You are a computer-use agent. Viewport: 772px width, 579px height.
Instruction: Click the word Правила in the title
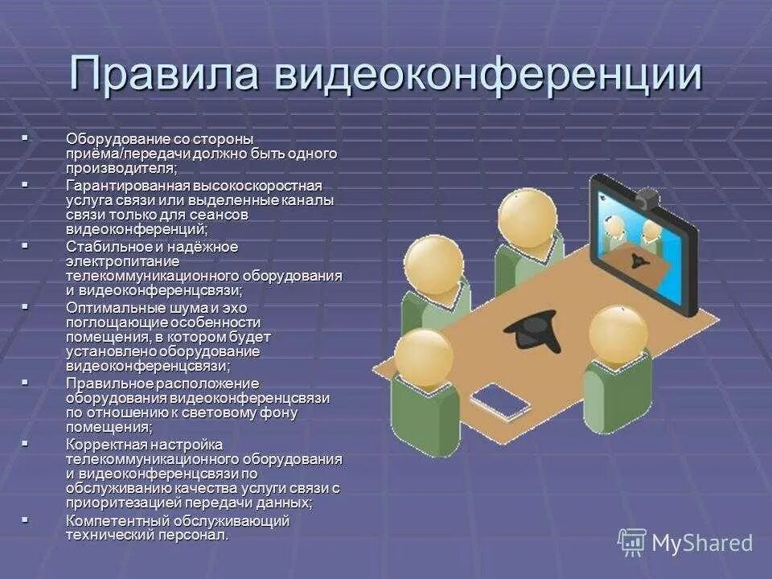pyautogui.click(x=166, y=75)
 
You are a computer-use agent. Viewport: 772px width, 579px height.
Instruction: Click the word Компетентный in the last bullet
pyautogui.click(x=109, y=520)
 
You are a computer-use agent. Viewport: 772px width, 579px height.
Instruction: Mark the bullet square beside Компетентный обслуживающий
pyautogui.click(x=24, y=520)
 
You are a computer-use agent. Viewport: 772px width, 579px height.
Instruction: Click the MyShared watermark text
pyautogui.click(x=702, y=543)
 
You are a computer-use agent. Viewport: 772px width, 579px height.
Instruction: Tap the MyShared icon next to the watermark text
pyautogui.click(x=632, y=542)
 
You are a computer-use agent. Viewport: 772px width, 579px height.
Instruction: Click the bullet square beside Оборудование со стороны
pyautogui.click(x=24, y=138)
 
